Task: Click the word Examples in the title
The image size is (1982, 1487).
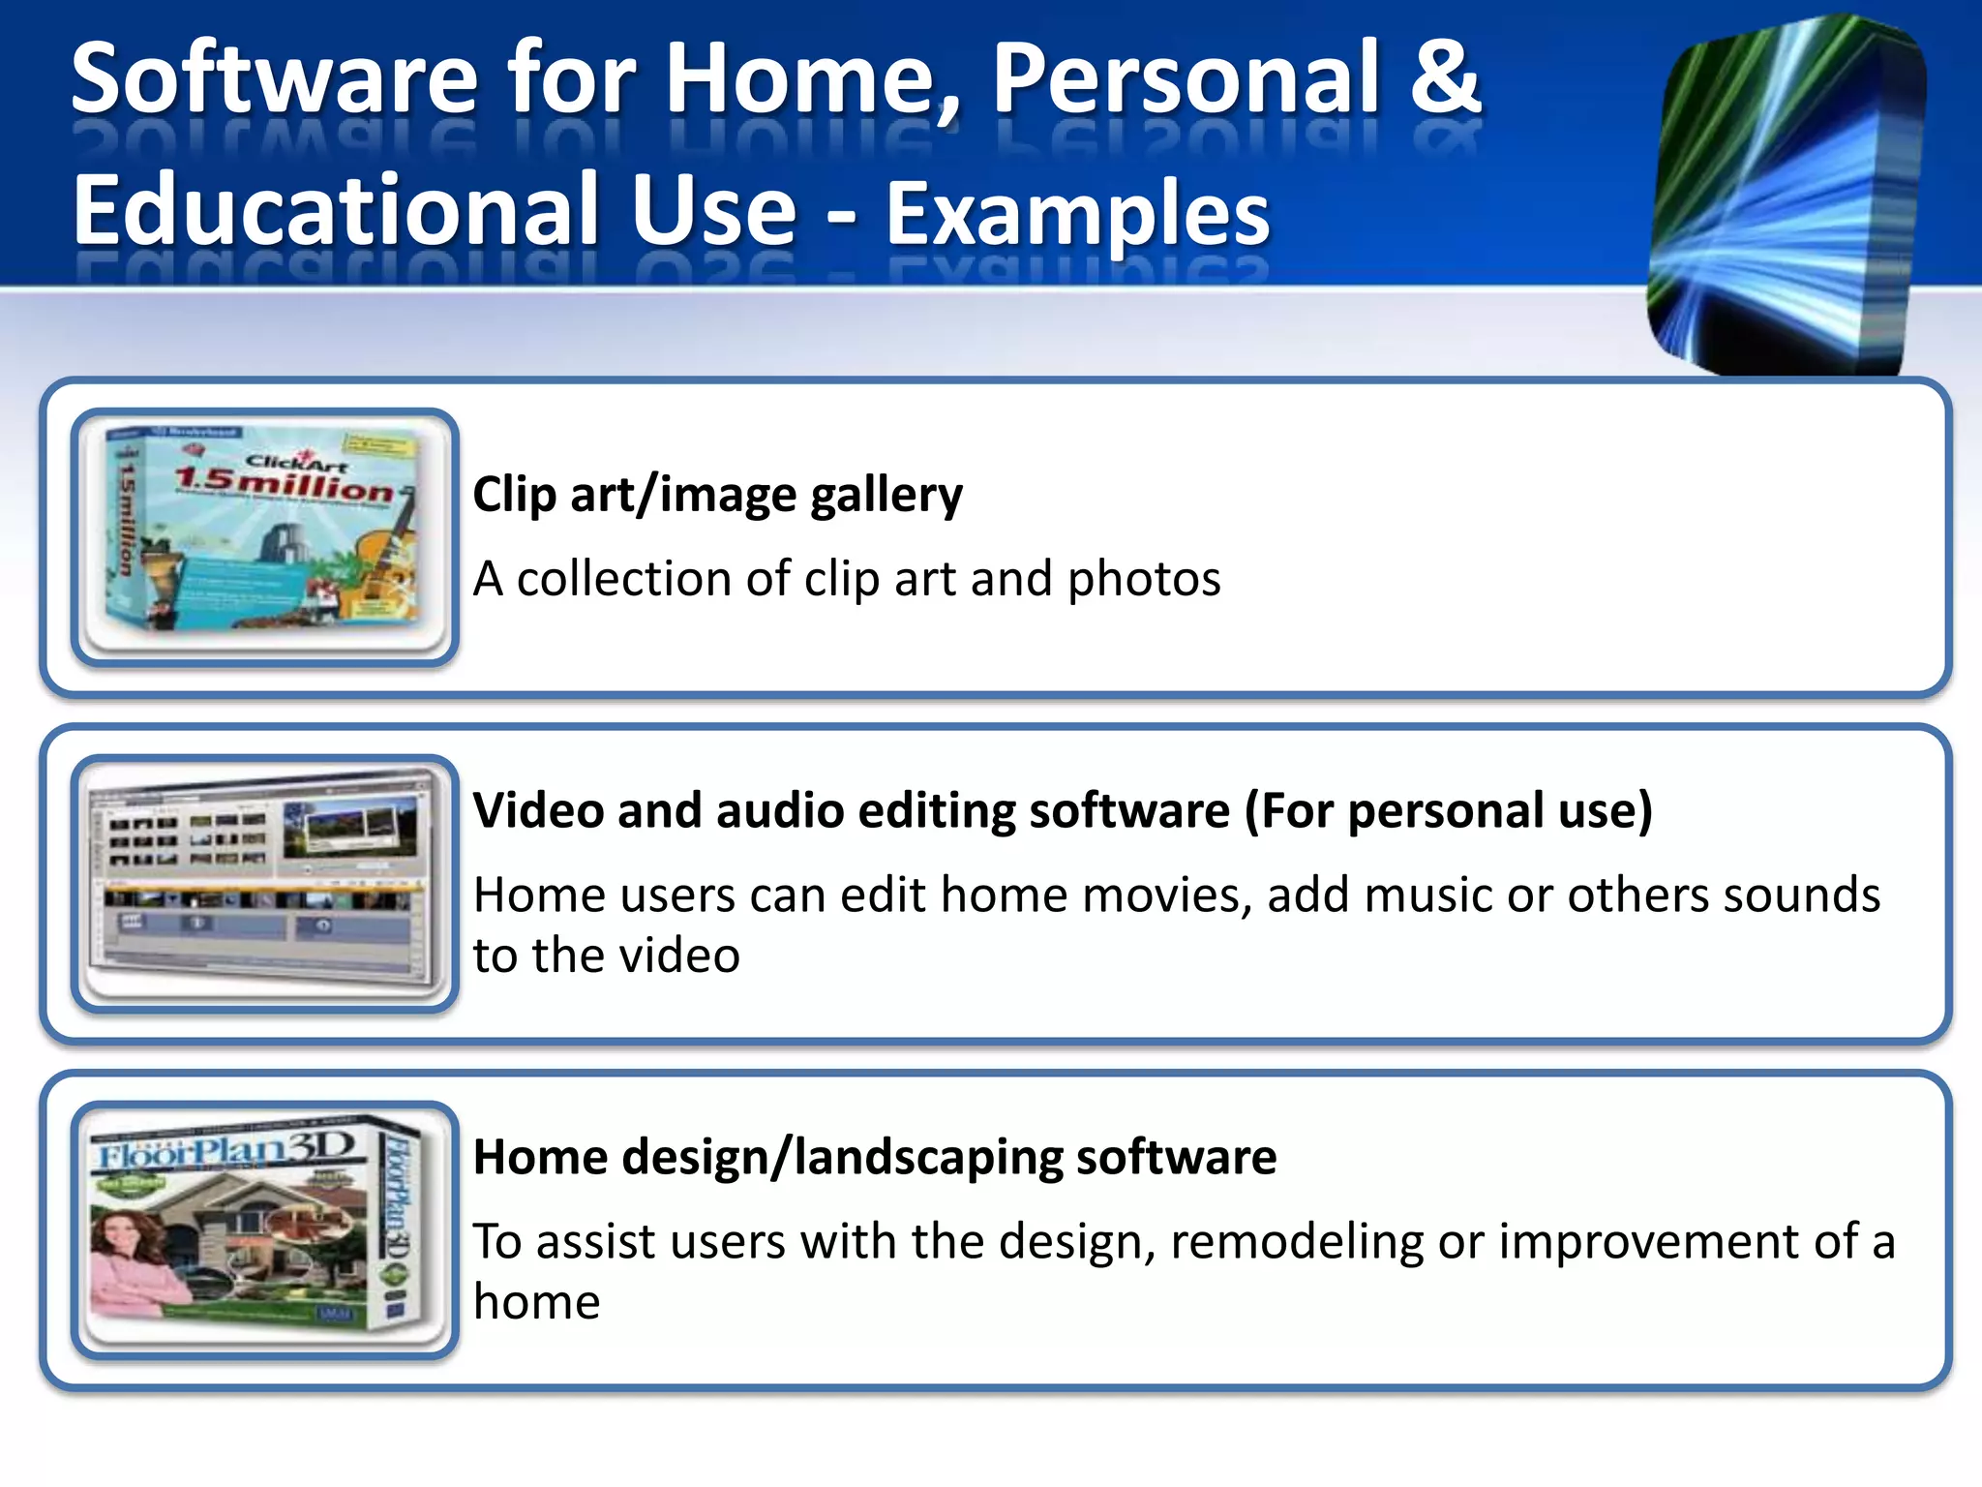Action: [x=1077, y=213]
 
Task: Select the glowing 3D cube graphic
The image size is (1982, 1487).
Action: [x=1786, y=194]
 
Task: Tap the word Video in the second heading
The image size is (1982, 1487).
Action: [x=536, y=810]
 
